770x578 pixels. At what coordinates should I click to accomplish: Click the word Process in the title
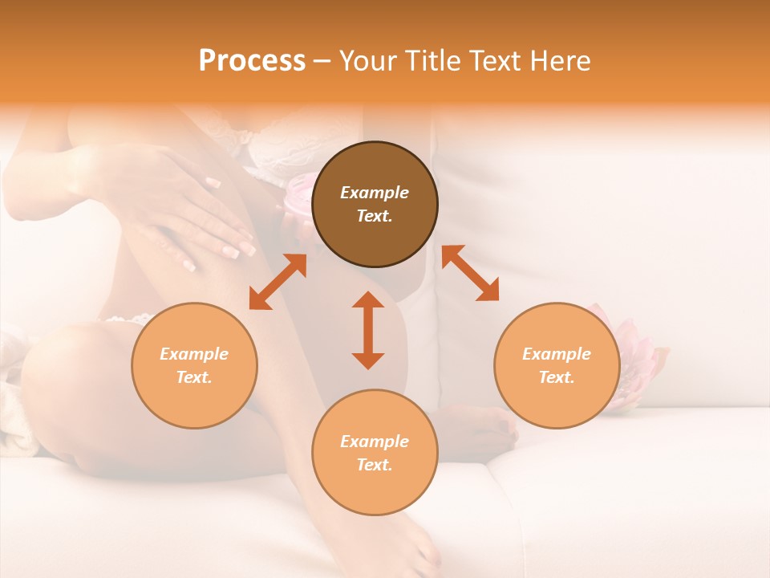pos(252,61)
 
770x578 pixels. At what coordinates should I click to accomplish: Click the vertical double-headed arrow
pos(368,330)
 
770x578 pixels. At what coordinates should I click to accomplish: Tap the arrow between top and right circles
pos(470,273)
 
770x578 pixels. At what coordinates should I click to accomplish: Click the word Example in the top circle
pos(375,193)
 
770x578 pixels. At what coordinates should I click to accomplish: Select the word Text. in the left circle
pos(194,377)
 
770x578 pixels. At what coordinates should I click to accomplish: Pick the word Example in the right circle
pos(557,354)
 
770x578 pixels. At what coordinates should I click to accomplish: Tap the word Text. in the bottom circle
pos(375,465)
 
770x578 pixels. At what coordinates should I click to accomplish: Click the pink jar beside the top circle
pos(298,197)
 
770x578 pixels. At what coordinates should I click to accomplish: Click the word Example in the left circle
pos(194,354)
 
